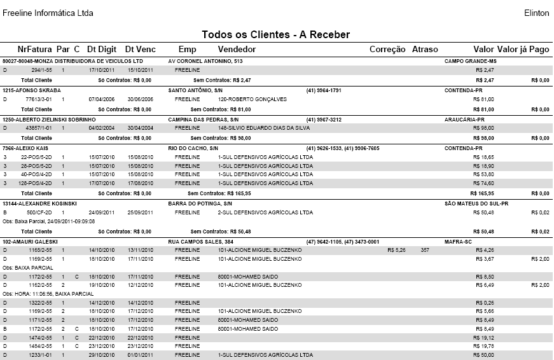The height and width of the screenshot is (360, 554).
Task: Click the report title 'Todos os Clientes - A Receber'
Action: pyautogui.click(x=276, y=34)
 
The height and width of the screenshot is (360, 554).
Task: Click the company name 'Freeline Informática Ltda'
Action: pyautogui.click(x=48, y=13)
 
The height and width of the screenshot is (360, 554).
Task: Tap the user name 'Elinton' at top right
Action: pyautogui.click(x=536, y=13)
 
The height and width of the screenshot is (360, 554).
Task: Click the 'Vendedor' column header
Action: pyautogui.click(x=237, y=49)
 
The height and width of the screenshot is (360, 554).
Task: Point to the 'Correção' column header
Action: pyautogui.click(x=387, y=49)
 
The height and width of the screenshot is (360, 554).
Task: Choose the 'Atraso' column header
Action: pyautogui.click(x=425, y=49)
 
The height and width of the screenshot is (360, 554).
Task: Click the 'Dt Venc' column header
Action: pyautogui.click(x=140, y=49)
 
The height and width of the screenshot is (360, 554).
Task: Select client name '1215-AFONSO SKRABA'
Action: pyautogui.click(x=29, y=90)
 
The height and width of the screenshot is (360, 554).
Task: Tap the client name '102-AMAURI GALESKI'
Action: pyautogui.click(x=30, y=242)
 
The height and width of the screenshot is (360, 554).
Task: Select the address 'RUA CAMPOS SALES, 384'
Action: pyautogui.click(x=201, y=242)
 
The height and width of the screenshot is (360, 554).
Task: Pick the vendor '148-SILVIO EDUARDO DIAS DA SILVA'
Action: pyautogui.click(x=264, y=128)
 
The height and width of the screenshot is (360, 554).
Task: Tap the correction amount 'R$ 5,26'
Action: pyautogui.click(x=396, y=251)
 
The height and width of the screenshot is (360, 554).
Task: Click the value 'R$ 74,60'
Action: pyautogui.click(x=485, y=183)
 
